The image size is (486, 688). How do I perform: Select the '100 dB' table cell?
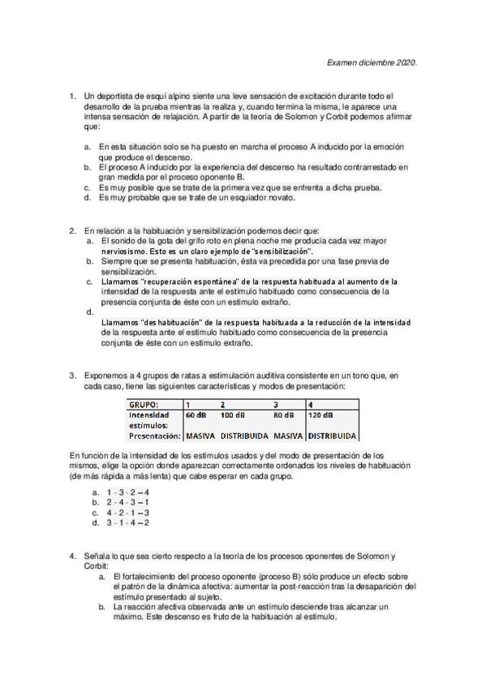pos(232,414)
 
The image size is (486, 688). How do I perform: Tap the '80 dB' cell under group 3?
pos(283,414)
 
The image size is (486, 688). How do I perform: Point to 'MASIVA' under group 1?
pos(200,435)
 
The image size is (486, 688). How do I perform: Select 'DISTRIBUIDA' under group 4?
pos(333,435)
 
